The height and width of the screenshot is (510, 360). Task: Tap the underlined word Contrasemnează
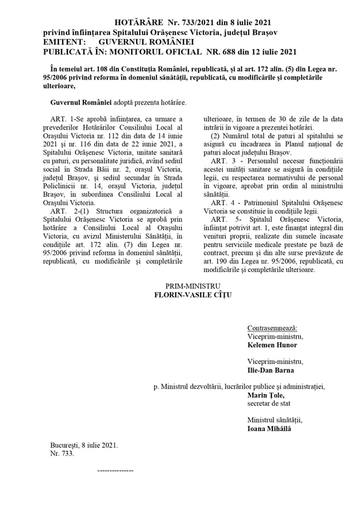272,328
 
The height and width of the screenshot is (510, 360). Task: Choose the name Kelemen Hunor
272,345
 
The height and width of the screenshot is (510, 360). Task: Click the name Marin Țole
266,395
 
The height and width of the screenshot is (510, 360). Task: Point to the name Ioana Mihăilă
269,429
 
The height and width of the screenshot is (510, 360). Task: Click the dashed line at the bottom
116,471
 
